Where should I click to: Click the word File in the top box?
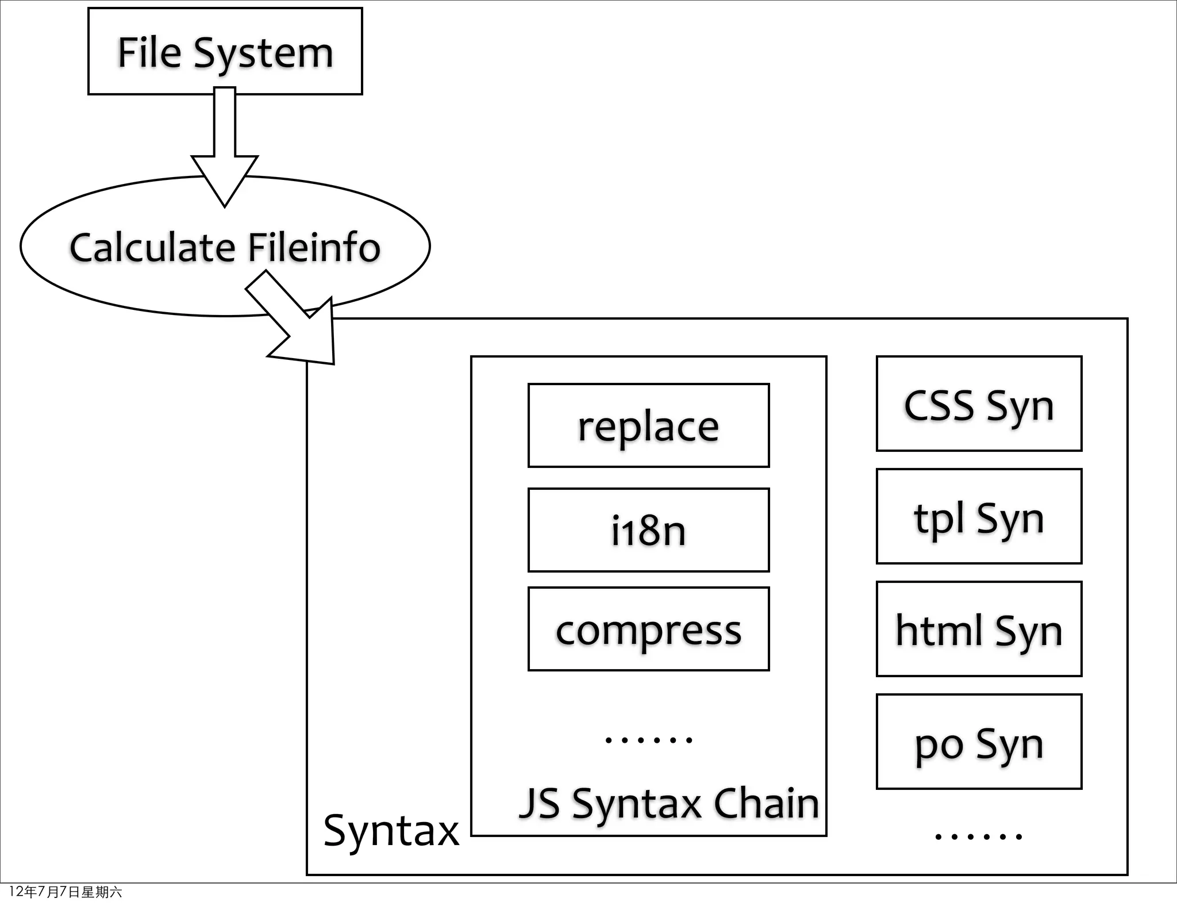pos(149,53)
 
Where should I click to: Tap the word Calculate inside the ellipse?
pos(153,248)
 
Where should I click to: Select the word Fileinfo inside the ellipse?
pos(314,248)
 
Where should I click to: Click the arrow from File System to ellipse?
pos(225,149)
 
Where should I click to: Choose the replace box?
pos(648,425)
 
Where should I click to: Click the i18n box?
pos(648,530)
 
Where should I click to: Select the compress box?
pos(648,629)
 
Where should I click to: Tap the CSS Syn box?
pos(979,404)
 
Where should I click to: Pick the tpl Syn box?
pos(979,516)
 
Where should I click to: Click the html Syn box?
pos(979,629)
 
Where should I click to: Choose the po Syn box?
pos(979,742)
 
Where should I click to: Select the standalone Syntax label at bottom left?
pos(391,831)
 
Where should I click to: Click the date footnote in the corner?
pos(65,892)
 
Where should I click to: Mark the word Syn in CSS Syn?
pos(1020,406)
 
